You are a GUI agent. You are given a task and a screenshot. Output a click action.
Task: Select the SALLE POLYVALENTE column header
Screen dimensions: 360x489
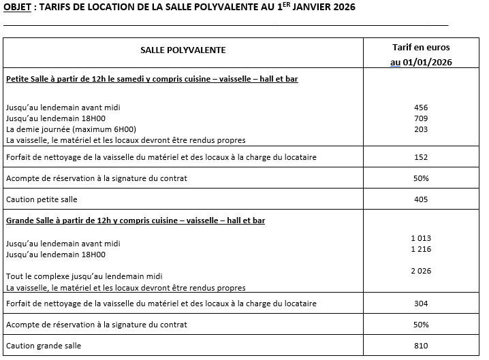[x=183, y=50]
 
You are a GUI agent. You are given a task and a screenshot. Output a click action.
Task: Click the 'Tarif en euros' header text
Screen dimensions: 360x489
[x=421, y=48]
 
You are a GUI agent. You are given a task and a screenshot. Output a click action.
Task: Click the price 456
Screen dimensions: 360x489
[x=421, y=108]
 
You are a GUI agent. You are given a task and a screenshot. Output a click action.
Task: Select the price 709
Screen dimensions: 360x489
[x=421, y=118]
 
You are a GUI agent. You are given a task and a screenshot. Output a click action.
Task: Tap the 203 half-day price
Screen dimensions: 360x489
[x=421, y=129]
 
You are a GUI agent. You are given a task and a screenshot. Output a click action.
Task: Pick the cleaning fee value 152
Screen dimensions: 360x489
[x=421, y=157]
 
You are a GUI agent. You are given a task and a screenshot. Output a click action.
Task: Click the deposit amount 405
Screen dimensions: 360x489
[x=421, y=199]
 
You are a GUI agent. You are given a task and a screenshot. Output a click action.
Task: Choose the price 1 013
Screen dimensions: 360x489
[x=421, y=238]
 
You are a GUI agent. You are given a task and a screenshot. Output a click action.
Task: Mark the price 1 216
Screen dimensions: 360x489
[x=421, y=249]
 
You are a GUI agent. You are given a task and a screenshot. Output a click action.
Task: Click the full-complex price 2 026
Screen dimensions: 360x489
[x=421, y=271]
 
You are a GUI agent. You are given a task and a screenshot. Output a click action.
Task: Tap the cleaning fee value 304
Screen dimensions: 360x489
[x=421, y=304]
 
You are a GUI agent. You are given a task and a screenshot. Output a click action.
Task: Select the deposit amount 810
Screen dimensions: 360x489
[x=421, y=346]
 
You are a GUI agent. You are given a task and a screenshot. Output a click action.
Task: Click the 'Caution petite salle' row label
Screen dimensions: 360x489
[x=42, y=199]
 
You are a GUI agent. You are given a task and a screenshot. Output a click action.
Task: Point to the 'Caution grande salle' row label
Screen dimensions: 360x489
[x=43, y=346]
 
